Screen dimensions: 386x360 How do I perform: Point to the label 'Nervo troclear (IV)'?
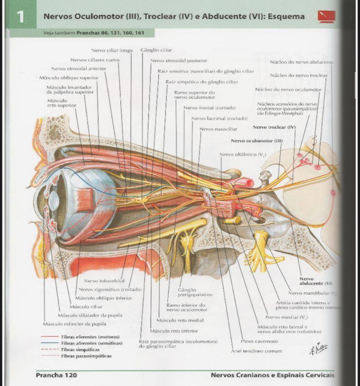[x=274, y=127]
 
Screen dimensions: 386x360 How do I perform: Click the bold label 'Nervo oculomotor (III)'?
[x=256, y=141]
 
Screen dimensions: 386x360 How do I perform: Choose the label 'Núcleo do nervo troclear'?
[x=298, y=75]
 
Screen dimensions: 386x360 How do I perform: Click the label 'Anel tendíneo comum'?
[x=256, y=351]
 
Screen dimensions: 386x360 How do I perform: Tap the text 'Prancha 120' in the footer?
[x=56, y=375]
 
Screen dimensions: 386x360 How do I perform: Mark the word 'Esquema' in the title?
[x=287, y=17]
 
